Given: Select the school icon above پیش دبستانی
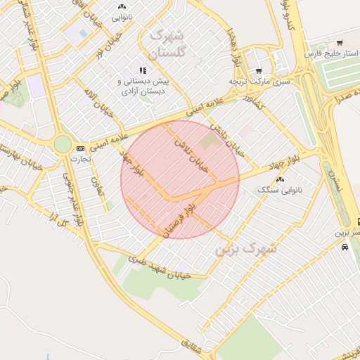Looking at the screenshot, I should (x=144, y=70).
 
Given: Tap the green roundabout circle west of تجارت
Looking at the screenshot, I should (x=63, y=144).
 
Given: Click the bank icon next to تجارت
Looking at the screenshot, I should (x=80, y=148).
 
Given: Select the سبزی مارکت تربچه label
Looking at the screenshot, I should (x=260, y=82).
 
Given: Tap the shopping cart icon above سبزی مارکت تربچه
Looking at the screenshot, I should (x=258, y=70).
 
